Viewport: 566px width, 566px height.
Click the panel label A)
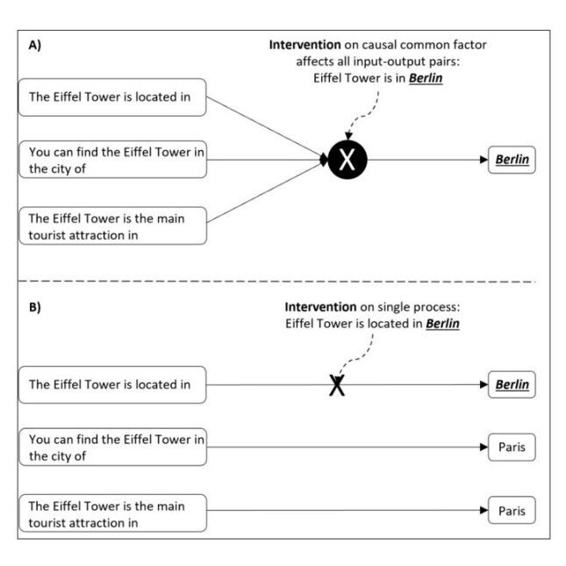pyautogui.click(x=35, y=47)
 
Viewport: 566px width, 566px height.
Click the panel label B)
pyautogui.click(x=35, y=308)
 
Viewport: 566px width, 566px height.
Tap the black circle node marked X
pyautogui.click(x=347, y=160)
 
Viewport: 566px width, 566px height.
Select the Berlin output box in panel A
pyautogui.click(x=512, y=160)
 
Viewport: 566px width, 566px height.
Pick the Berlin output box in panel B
pyautogui.click(x=512, y=384)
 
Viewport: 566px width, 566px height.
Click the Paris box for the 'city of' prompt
pyautogui.click(x=511, y=448)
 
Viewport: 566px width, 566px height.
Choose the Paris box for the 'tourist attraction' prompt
pyautogui.click(x=511, y=511)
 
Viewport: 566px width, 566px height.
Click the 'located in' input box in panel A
pyautogui.click(x=112, y=97)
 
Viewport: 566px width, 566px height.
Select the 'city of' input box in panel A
pyautogui.click(x=112, y=161)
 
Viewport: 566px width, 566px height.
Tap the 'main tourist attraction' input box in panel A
pyautogui.click(x=112, y=226)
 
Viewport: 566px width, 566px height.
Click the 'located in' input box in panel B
pyautogui.click(x=112, y=384)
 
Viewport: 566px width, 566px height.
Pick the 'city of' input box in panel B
pyautogui.click(x=112, y=447)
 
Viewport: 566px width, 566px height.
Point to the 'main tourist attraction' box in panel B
pyautogui.click(x=112, y=512)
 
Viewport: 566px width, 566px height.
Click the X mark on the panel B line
pyautogui.click(x=336, y=385)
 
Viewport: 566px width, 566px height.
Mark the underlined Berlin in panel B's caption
pyautogui.click(x=441, y=324)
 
